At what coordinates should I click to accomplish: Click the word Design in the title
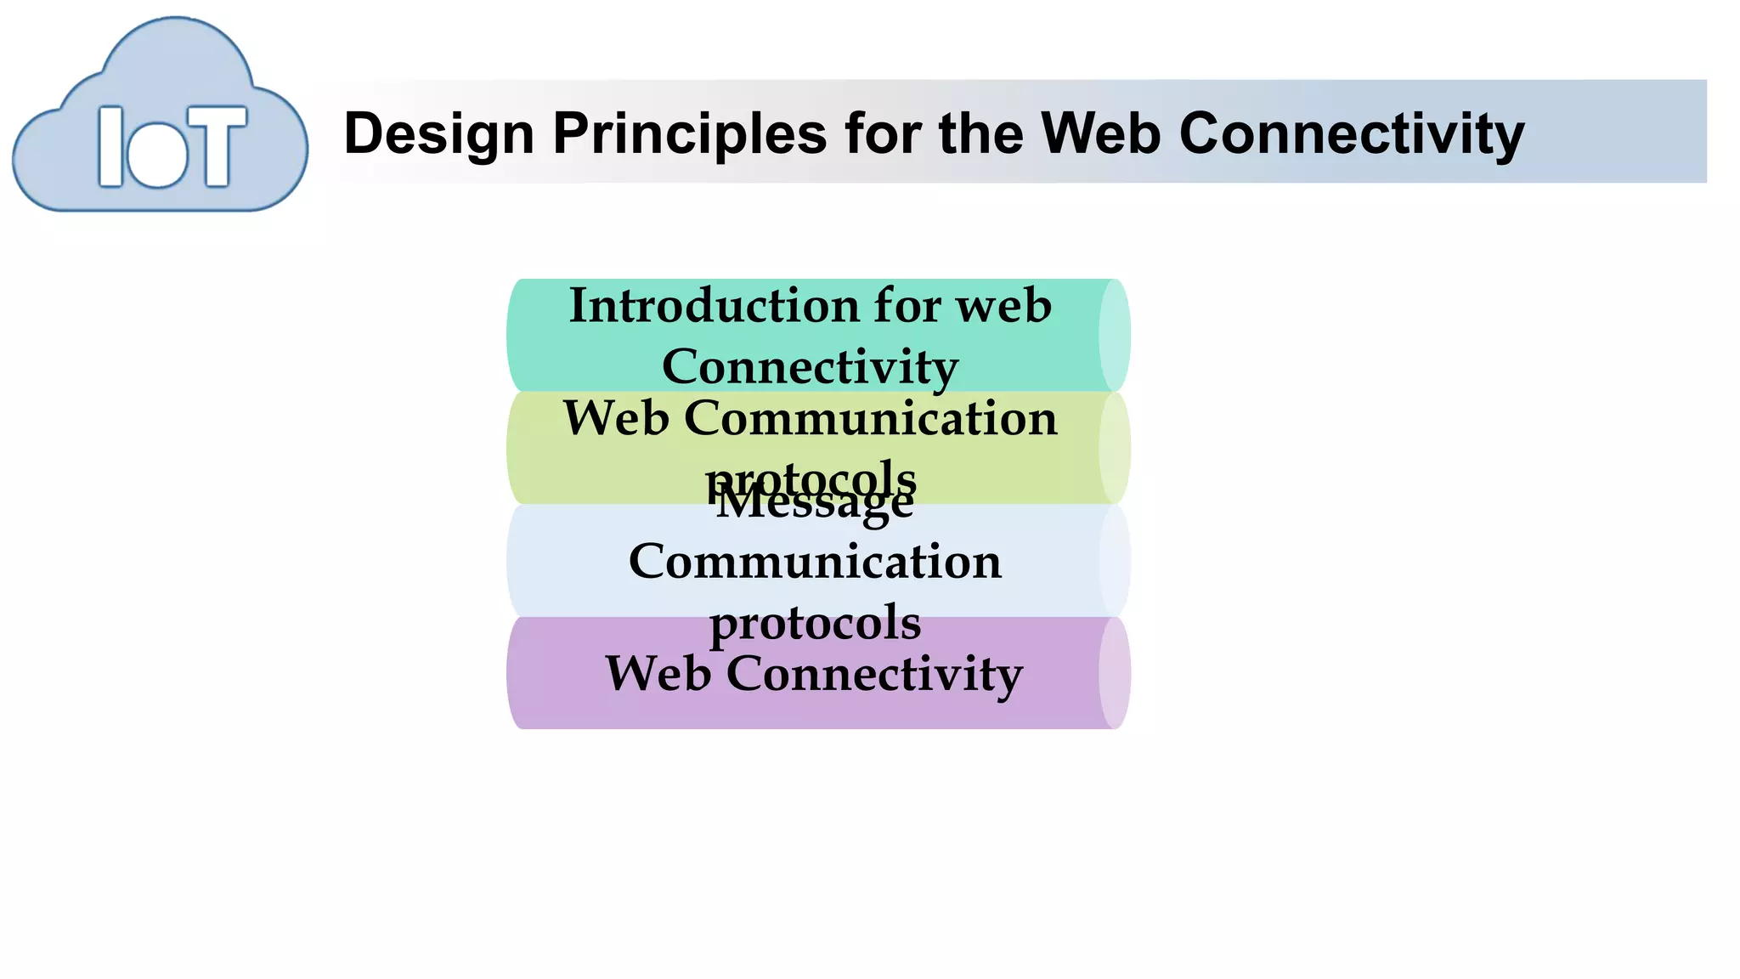point(438,134)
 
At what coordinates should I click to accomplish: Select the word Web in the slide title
point(1100,134)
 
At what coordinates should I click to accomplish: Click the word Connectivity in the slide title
point(1351,134)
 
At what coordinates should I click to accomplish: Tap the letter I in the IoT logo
point(110,146)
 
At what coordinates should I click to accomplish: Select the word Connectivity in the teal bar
point(810,367)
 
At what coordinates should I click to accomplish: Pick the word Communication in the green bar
point(870,418)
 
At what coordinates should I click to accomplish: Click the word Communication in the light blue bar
point(815,562)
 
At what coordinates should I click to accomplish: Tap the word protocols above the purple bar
point(815,623)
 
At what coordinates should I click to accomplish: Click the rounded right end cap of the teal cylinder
point(1115,335)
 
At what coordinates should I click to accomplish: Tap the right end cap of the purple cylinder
point(1115,673)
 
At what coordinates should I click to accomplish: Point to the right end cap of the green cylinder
point(1115,448)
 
